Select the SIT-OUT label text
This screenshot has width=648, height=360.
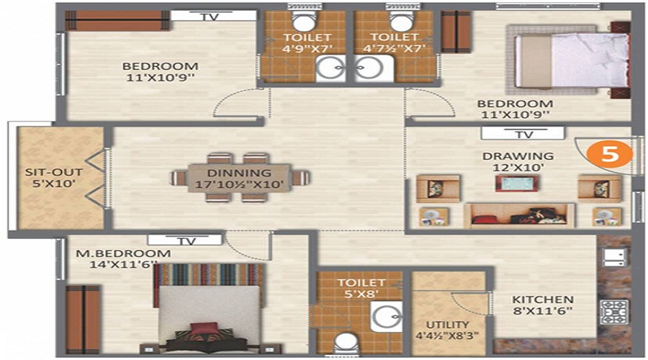click(44, 173)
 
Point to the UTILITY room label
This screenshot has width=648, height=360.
click(447, 325)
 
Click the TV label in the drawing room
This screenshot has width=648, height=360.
click(523, 134)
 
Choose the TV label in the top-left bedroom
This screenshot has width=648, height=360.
click(210, 17)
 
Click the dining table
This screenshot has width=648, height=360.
click(240, 178)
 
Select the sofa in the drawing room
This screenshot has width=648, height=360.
click(519, 214)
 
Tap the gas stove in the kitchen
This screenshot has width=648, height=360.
click(612, 310)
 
